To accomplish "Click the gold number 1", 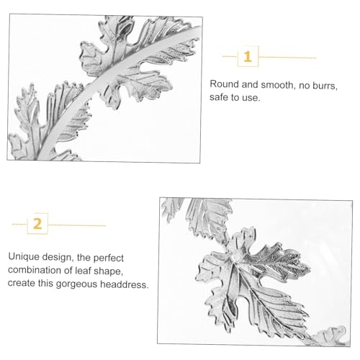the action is click(x=248, y=57).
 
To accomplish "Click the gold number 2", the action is click(x=37, y=224).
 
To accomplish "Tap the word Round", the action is click(x=224, y=84).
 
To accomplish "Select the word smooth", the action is click(x=277, y=85).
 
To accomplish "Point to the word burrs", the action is click(x=325, y=86).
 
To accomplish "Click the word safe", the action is click(x=218, y=97).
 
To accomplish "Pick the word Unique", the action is click(x=24, y=257).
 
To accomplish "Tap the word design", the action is click(x=58, y=257).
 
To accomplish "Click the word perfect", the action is click(x=109, y=258).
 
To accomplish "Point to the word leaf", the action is click(x=83, y=271).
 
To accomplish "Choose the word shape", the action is click(x=109, y=271).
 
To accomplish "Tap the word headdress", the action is click(x=125, y=284).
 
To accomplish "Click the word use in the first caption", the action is click(x=253, y=98).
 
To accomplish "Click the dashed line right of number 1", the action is click(x=287, y=58).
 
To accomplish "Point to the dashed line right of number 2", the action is click(x=77, y=225).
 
